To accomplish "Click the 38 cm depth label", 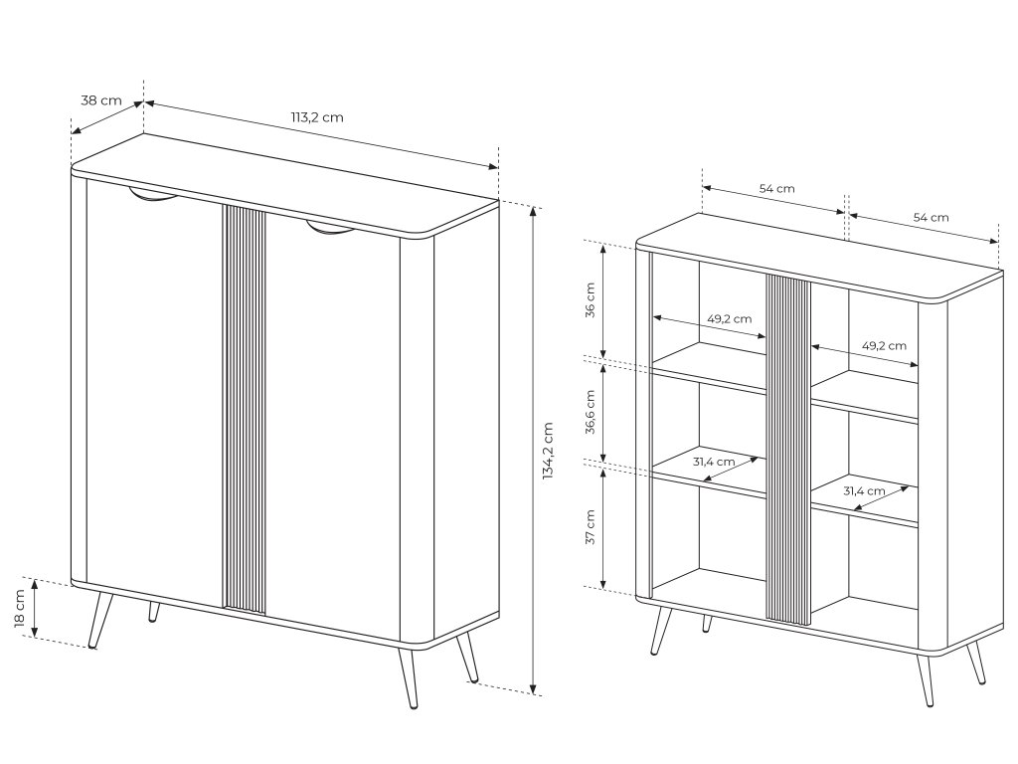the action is click(101, 100).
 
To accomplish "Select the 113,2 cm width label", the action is click(317, 117).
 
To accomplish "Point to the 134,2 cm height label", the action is click(548, 451).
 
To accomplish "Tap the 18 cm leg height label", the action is click(20, 609).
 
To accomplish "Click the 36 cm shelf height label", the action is click(591, 299).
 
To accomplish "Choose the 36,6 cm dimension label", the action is click(591, 412).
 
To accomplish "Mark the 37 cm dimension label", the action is click(591, 527).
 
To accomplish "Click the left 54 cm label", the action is click(777, 188).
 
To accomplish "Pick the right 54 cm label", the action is click(931, 217).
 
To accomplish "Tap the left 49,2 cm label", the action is click(729, 319).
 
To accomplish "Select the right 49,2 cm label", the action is click(884, 345).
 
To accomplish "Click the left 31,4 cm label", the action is click(714, 462).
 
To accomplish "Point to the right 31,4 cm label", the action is click(864, 491).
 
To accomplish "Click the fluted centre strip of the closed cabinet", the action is click(245, 409).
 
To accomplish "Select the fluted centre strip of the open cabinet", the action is click(788, 449).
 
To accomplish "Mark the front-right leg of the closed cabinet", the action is click(407, 675).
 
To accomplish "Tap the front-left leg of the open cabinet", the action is click(660, 630).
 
